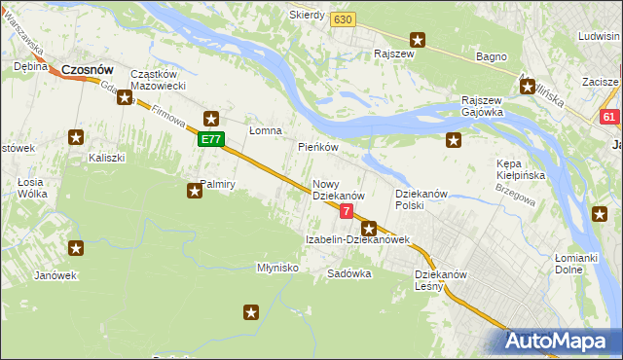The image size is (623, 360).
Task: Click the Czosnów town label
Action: (88, 70)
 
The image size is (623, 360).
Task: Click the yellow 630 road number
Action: (343, 19)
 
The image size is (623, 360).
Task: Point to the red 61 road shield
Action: (609, 117)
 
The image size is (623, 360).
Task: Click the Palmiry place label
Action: (218, 183)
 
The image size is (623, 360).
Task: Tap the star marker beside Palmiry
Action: (195, 192)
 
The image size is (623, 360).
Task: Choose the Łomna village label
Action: (265, 130)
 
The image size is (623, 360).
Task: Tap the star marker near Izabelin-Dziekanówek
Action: (369, 229)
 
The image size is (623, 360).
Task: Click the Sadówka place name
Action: (349, 273)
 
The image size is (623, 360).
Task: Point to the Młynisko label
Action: (276, 267)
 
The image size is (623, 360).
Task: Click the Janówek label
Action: (55, 274)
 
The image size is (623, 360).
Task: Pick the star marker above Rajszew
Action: (418, 40)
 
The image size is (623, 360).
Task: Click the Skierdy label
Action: (307, 16)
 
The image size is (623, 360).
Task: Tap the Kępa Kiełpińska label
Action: (521, 170)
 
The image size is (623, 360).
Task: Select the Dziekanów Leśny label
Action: (442, 279)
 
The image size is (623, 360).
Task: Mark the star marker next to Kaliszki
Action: (76, 138)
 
